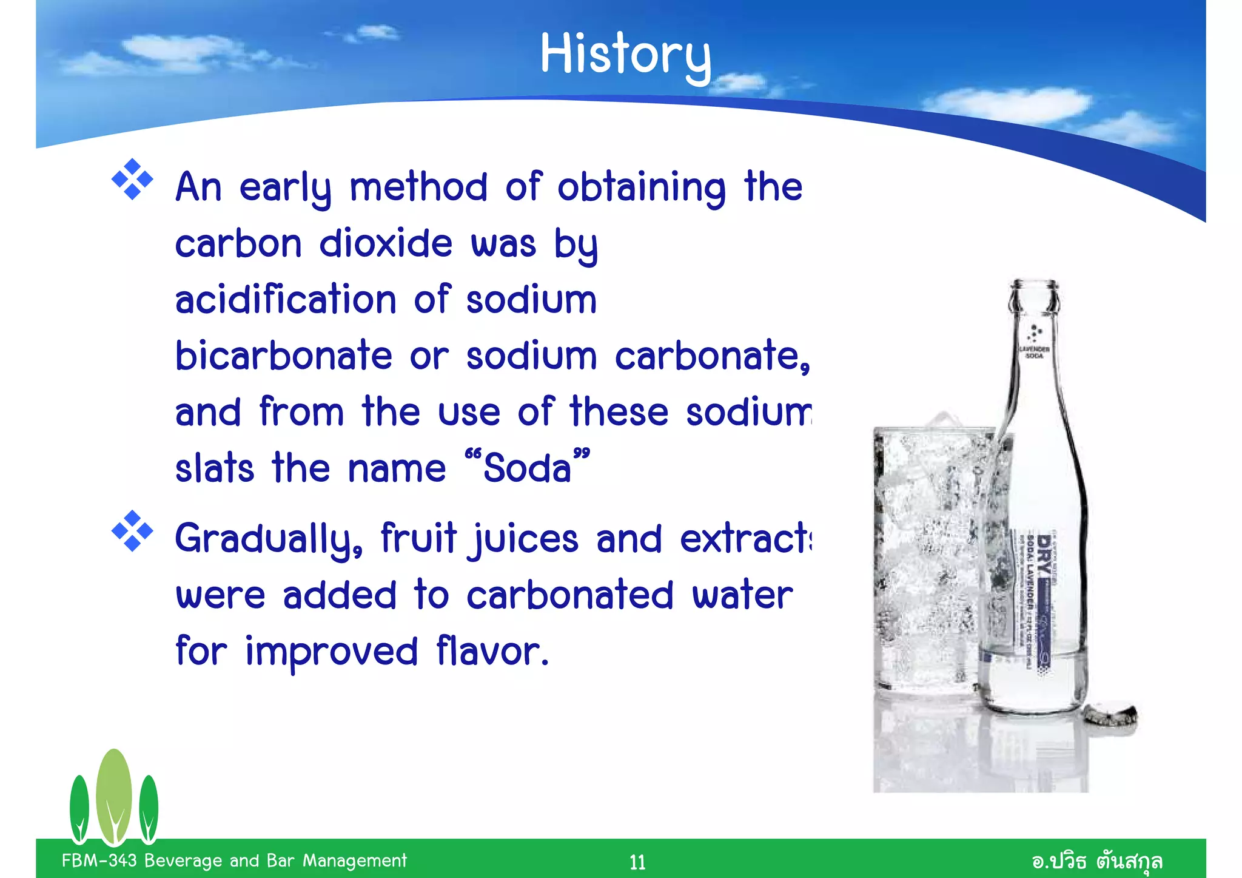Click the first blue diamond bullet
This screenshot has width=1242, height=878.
pos(132,180)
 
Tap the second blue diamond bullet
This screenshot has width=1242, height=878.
pos(132,532)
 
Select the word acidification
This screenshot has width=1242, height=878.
pos(286,300)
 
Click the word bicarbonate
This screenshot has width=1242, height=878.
pos(283,356)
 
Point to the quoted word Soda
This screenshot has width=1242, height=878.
pos(527,468)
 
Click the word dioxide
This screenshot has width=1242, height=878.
pos(386,244)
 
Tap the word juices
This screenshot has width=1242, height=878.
pos(525,539)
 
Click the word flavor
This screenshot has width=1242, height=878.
pos(492,652)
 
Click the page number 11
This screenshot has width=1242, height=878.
pos(637,862)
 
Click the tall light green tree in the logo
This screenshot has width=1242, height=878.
pos(113,795)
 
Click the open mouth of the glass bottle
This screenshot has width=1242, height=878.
pos(1034,285)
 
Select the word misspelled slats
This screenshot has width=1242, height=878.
pos(214,468)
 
